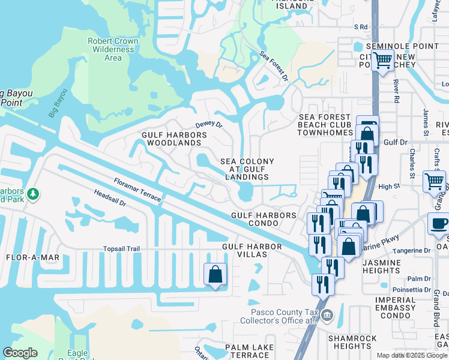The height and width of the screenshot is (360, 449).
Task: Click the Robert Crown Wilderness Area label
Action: (113, 50)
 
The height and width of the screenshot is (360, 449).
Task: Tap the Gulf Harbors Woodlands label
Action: (174, 139)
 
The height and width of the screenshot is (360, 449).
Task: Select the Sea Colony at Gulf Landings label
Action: (247, 169)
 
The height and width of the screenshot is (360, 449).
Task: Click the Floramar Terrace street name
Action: (139, 188)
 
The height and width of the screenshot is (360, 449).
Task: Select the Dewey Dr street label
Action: (209, 124)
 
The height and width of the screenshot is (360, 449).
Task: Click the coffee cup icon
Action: (439, 223)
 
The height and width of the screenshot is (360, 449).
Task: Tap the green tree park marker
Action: (34, 194)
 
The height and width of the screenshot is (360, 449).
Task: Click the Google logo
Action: (20, 352)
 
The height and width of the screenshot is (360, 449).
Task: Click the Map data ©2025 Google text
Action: (412, 355)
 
